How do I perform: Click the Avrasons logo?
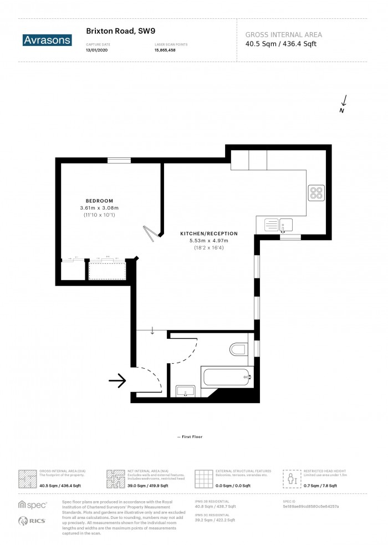[47, 39]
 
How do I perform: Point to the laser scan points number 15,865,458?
[166, 49]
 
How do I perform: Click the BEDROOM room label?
[99, 200]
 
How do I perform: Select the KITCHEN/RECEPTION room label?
[208, 233]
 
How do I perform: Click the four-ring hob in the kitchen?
[316, 193]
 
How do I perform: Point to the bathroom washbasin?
[185, 391]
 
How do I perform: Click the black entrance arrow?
[118, 380]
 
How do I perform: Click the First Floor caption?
[190, 437]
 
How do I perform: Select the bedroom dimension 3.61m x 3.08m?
[99, 207]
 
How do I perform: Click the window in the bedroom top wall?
[119, 161]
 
